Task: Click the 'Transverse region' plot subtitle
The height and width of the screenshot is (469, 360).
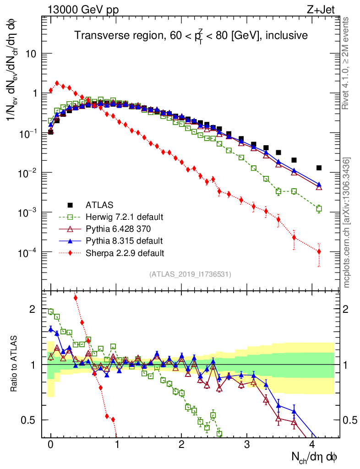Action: (191, 35)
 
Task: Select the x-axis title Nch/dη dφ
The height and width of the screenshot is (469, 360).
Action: (316, 457)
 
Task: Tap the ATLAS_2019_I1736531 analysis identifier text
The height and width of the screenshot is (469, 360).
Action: (190, 274)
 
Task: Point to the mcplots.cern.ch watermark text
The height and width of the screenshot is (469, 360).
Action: (347, 223)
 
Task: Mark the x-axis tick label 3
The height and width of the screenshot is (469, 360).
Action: (247, 444)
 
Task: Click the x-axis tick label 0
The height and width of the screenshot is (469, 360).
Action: (50, 444)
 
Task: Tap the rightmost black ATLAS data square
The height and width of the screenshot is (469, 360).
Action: (319, 168)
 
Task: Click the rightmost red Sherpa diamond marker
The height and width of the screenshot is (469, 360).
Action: (319, 251)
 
